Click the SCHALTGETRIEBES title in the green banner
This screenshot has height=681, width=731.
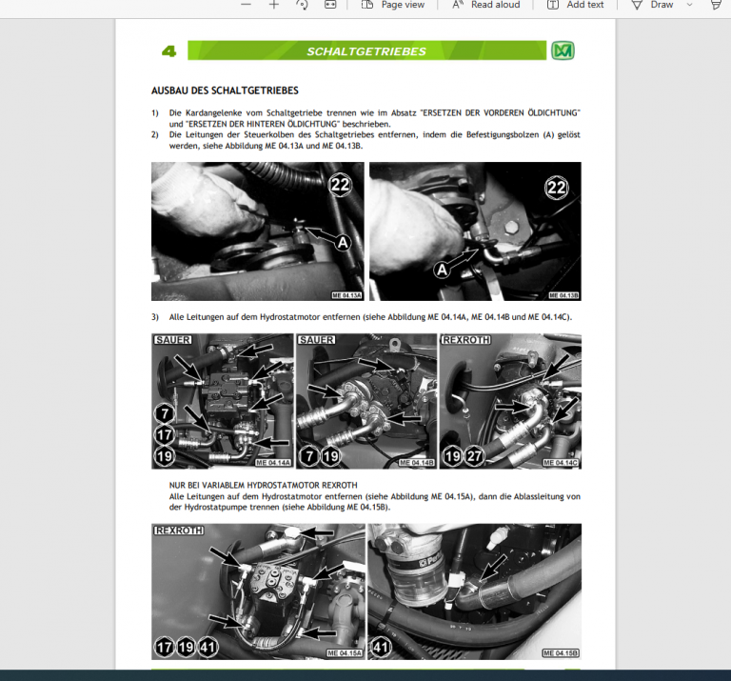pyautogui.click(x=366, y=51)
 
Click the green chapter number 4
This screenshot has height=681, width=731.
pyautogui.click(x=169, y=51)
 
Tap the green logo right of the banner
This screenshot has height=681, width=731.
pyautogui.click(x=563, y=51)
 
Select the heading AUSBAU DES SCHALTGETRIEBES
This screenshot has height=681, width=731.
pyautogui.click(x=225, y=91)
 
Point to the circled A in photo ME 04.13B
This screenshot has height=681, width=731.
pyautogui.click(x=442, y=270)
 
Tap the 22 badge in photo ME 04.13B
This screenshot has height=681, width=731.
pyautogui.click(x=557, y=188)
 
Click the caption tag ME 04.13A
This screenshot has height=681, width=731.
pyautogui.click(x=346, y=295)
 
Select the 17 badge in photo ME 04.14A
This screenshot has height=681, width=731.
pyautogui.click(x=165, y=434)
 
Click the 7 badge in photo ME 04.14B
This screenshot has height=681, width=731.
pyautogui.click(x=308, y=456)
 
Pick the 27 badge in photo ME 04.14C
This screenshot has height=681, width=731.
pyautogui.click(x=474, y=456)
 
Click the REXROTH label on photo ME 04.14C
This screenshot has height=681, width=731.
pyautogui.click(x=464, y=340)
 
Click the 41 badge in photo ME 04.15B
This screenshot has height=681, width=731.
pyautogui.click(x=382, y=647)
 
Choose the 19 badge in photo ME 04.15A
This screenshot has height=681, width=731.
pyautogui.click(x=186, y=647)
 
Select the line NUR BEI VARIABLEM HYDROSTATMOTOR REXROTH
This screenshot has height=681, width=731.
pyautogui.click(x=263, y=485)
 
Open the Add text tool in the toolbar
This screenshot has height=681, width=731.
pyautogui.click(x=576, y=5)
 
